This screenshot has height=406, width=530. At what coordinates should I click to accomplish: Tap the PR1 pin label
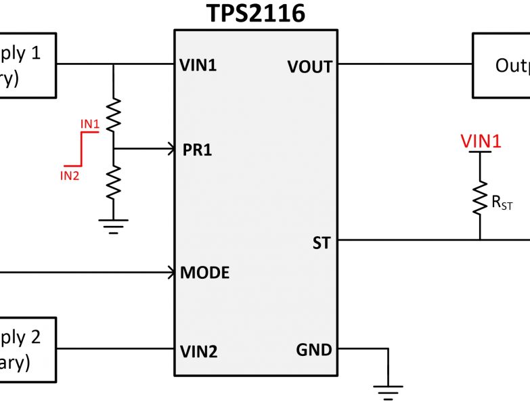coord(197,150)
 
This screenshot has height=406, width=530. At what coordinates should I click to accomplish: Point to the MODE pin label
coord(205,273)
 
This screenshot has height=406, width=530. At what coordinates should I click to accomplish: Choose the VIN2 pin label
coord(198,351)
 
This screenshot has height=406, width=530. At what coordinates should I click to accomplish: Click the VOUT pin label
coord(309,66)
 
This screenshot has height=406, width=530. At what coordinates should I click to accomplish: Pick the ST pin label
coord(322,242)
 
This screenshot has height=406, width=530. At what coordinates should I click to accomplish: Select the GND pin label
coord(314,350)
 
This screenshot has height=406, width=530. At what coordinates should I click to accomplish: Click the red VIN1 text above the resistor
coord(481,141)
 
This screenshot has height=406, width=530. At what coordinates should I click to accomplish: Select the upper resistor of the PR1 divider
coord(114,114)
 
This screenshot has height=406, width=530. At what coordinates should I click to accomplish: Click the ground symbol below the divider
coord(114,225)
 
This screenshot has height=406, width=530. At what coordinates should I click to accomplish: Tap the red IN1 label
coord(90,124)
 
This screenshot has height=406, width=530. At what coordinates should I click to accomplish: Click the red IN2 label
coord(70,176)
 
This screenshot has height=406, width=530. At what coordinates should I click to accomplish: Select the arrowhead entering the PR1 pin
coord(170,149)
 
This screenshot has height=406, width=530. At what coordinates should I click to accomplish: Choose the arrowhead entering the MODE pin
coord(171,273)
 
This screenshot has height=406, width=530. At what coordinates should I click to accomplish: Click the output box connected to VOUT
coord(501,66)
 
